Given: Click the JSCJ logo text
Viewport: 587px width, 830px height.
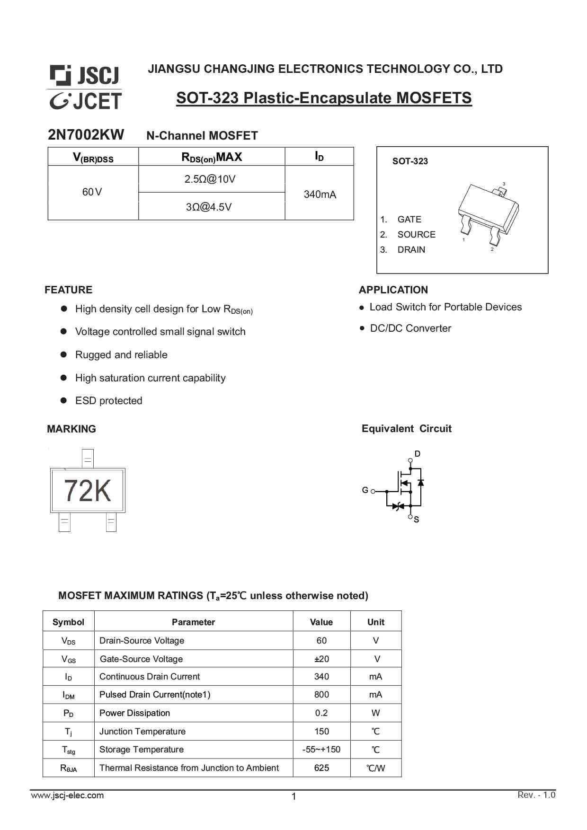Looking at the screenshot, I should [98, 75].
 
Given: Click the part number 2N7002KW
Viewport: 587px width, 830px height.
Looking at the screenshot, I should [86, 135].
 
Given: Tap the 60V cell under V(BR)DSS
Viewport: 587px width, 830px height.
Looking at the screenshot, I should [92, 192].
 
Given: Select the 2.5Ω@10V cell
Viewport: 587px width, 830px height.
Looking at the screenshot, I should [210, 179].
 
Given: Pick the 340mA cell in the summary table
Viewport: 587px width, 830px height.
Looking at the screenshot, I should [320, 194].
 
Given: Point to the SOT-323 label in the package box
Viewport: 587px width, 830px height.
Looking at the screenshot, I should [410, 161].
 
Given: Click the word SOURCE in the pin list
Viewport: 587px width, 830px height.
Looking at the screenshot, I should [416, 235].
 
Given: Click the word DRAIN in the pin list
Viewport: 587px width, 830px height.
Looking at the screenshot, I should [411, 250].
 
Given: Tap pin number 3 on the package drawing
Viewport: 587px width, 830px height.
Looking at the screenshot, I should [504, 184].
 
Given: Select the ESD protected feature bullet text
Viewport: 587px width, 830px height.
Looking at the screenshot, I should [108, 401].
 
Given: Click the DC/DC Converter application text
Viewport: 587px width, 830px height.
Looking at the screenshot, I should [410, 328].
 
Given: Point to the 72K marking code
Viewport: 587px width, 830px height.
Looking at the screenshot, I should [87, 491].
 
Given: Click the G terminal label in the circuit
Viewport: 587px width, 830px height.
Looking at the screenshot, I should [365, 490].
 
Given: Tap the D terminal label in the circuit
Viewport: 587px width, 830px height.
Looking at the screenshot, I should [417, 454].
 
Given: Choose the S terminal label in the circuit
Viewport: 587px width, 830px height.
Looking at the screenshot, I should [416, 520].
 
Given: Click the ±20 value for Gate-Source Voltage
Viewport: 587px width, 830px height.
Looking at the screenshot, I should [321, 659].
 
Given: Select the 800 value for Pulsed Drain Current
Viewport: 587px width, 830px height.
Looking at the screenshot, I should [321, 695].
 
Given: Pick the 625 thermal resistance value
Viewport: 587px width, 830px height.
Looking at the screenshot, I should [321, 768].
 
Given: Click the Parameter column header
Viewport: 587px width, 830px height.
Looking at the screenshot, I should [193, 622].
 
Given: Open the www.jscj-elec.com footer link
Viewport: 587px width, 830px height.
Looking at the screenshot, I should [67, 795].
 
